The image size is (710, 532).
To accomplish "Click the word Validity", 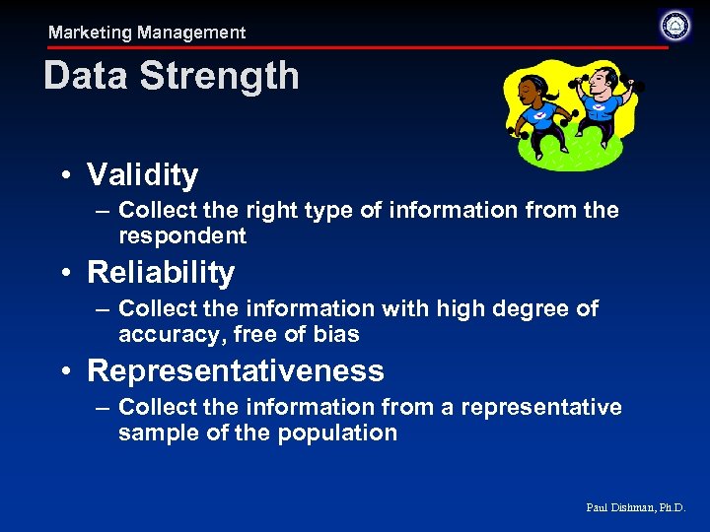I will pyautogui.click(x=143, y=175).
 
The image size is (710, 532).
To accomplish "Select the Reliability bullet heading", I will pyautogui.click(x=161, y=272).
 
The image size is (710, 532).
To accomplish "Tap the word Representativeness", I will pyautogui.click(x=236, y=370).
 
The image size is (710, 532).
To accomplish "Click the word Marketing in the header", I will pyautogui.click(x=90, y=33).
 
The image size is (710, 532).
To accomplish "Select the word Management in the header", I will pyautogui.click(x=191, y=33).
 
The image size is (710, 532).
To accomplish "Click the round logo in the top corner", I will pyautogui.click(x=675, y=26).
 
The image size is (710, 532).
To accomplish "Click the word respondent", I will pyautogui.click(x=182, y=235).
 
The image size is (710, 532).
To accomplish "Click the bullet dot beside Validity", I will pyautogui.click(x=64, y=176).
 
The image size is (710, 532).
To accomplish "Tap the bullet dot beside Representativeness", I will pyautogui.click(x=64, y=371).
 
